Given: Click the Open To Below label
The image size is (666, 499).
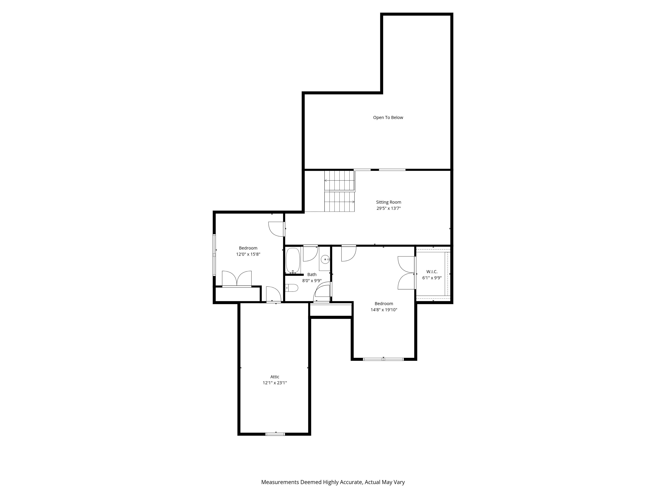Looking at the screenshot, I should click(x=388, y=118).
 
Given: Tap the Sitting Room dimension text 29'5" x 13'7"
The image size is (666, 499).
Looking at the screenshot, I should click(x=388, y=208).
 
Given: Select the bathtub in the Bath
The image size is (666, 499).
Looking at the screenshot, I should click(x=293, y=260).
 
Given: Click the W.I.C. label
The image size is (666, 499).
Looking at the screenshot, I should click(x=432, y=272).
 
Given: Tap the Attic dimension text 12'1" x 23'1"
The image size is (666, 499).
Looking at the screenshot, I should click(x=275, y=383).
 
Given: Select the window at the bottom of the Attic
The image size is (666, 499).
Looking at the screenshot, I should click(x=275, y=434).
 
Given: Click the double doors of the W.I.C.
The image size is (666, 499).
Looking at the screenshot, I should click(x=406, y=273).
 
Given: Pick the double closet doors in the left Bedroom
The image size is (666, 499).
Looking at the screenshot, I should click(x=237, y=279).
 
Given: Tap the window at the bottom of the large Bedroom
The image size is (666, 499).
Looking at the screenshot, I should click(x=383, y=359).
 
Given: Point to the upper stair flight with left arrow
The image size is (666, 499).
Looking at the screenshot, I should click(x=339, y=180).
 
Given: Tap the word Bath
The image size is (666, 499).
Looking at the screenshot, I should click(x=312, y=274).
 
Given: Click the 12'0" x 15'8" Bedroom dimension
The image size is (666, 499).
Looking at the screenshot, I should click(x=248, y=254).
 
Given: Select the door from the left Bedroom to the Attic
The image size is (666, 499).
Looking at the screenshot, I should click(x=273, y=295).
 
